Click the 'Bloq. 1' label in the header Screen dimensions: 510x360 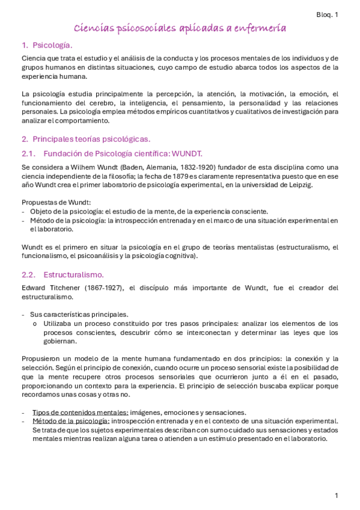click(x=327, y=15)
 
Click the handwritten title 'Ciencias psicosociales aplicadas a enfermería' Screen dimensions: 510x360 click(x=180, y=28)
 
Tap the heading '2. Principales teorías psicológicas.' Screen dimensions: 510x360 click(x=85, y=138)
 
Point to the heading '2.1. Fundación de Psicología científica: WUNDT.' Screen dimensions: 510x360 click(x=112, y=153)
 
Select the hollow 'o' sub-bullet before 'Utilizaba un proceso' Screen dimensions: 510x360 click(x=35, y=324)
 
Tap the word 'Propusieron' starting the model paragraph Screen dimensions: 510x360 click(x=42, y=358)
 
